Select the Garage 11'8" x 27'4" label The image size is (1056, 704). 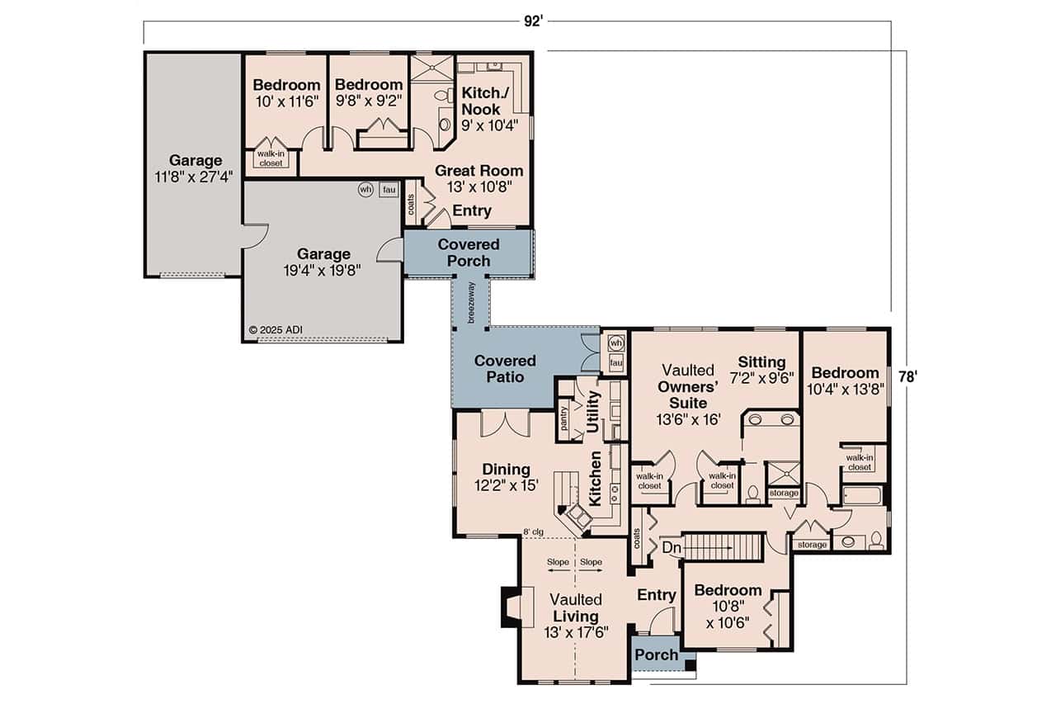[196, 168]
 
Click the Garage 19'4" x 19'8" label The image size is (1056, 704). [324, 262]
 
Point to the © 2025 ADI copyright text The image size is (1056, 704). [276, 330]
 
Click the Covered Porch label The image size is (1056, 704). [469, 253]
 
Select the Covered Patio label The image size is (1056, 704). [505, 369]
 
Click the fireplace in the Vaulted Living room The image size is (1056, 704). [510, 607]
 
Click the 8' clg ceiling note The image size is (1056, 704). [533, 532]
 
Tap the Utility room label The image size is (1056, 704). [592, 412]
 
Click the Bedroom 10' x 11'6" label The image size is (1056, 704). [286, 92]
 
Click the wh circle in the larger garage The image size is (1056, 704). [365, 189]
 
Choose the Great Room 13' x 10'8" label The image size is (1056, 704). [478, 178]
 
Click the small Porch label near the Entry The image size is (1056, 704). [657, 655]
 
